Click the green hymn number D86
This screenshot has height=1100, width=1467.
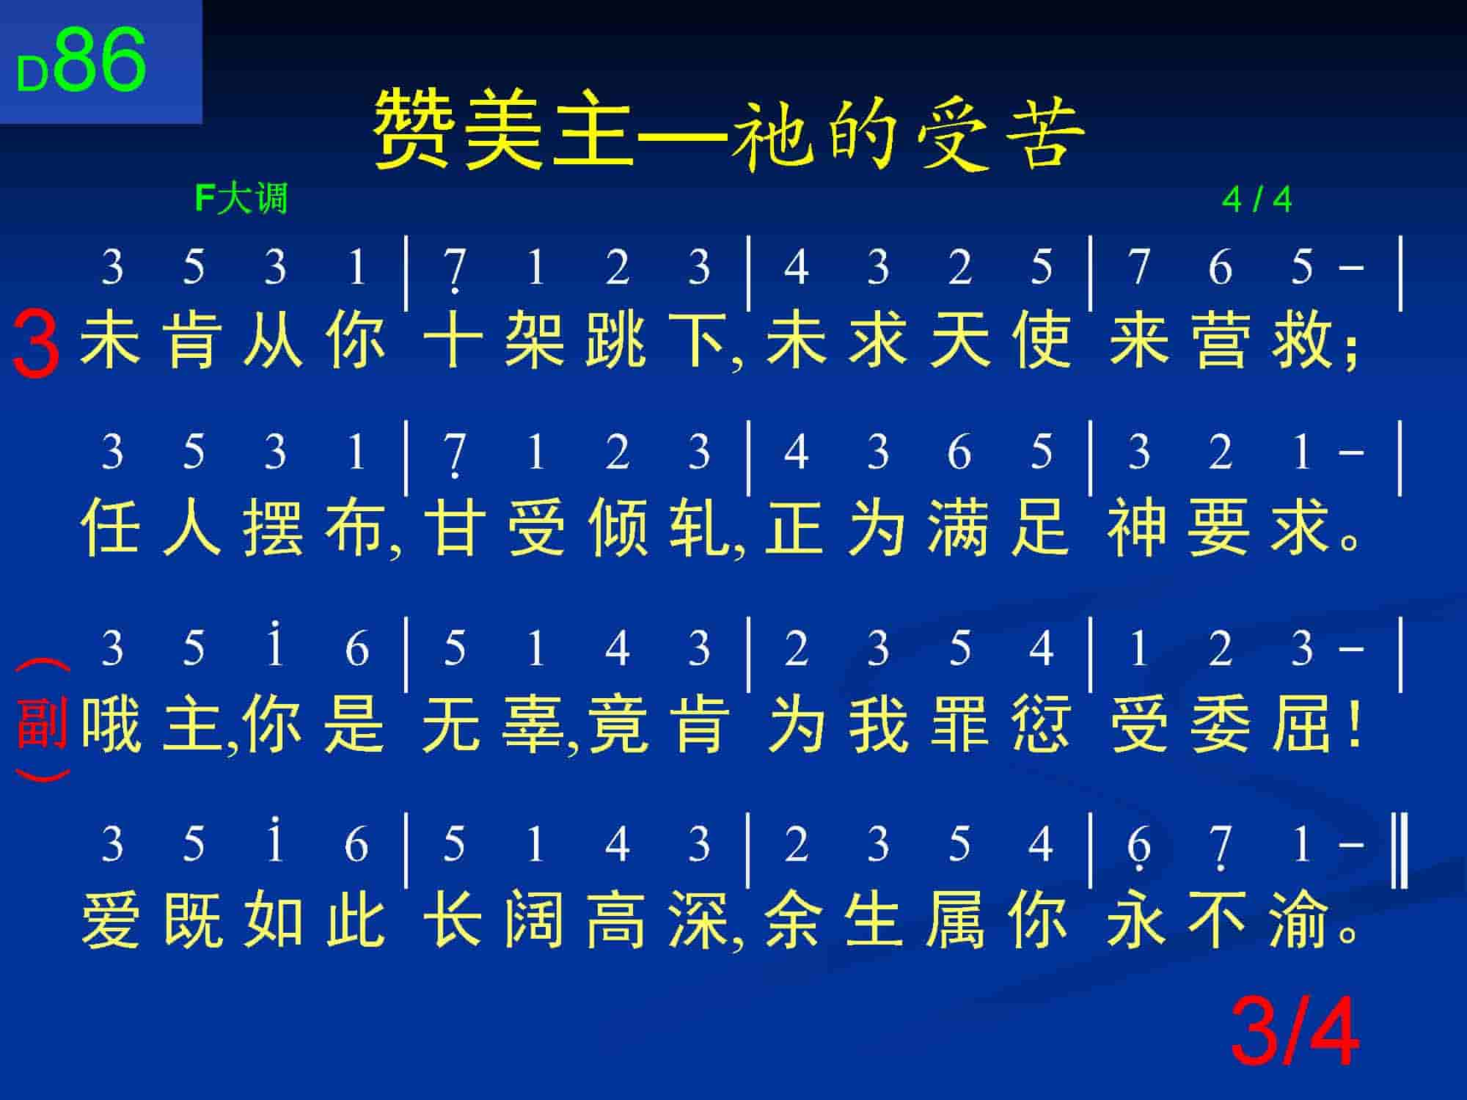(81, 62)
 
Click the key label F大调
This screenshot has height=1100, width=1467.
(241, 199)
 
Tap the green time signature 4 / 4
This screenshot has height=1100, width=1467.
(1256, 199)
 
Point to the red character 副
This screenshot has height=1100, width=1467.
(43, 723)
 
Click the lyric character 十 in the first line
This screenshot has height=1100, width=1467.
(453, 340)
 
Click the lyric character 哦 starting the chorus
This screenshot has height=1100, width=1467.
(111, 724)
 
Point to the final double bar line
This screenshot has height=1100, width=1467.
(1400, 849)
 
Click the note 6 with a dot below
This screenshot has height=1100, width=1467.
(1138, 847)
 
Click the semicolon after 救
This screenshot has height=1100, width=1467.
(1352, 350)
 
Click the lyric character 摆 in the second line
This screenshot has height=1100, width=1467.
(273, 526)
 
